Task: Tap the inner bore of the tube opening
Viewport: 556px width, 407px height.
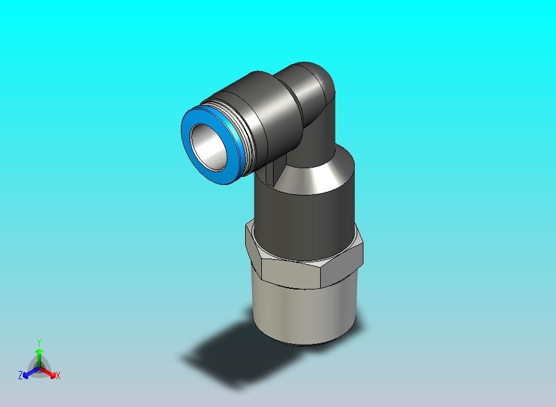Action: pyautogui.click(x=209, y=147)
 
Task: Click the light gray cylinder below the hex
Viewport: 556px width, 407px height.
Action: pyautogui.click(x=304, y=312)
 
